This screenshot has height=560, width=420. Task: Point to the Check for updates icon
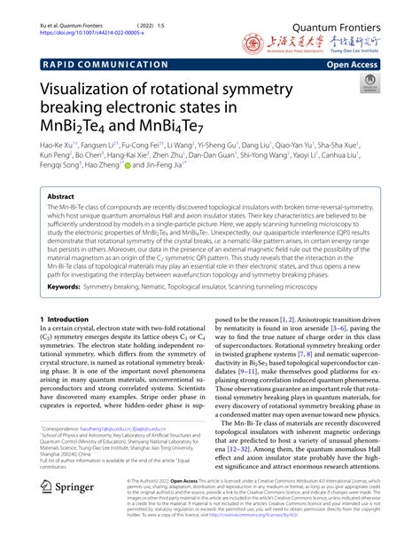(369, 83)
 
